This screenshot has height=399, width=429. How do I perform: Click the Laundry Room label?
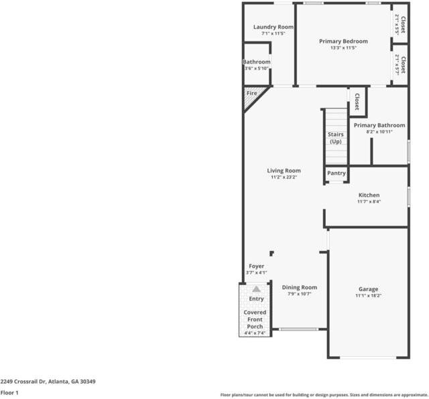pyautogui.click(x=269, y=27)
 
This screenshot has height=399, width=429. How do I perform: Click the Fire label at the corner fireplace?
pyautogui.click(x=252, y=93)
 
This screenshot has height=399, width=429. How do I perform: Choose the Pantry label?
pyautogui.click(x=336, y=173)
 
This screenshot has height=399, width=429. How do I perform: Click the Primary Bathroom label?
pyautogui.click(x=379, y=125)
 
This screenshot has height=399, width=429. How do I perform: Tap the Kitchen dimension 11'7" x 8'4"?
pyautogui.click(x=369, y=202)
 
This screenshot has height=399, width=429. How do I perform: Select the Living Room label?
pyautogui.click(x=285, y=171)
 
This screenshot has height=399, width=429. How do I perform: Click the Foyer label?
pyautogui.click(x=256, y=266)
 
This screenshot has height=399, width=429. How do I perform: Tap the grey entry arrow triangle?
pyautogui.click(x=256, y=289)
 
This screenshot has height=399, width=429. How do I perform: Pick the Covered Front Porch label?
pyautogui.click(x=255, y=319)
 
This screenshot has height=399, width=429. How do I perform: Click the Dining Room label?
pyautogui.click(x=299, y=287)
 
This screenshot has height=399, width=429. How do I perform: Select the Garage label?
pyautogui.click(x=368, y=289)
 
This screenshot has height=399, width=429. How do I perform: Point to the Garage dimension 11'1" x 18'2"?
pyautogui.click(x=368, y=296)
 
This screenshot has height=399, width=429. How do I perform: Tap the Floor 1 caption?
pyautogui.click(x=9, y=392)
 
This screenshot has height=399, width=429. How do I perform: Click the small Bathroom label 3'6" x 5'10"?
pyautogui.click(x=256, y=62)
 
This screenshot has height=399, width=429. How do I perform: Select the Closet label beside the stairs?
pyautogui.click(x=357, y=101)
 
